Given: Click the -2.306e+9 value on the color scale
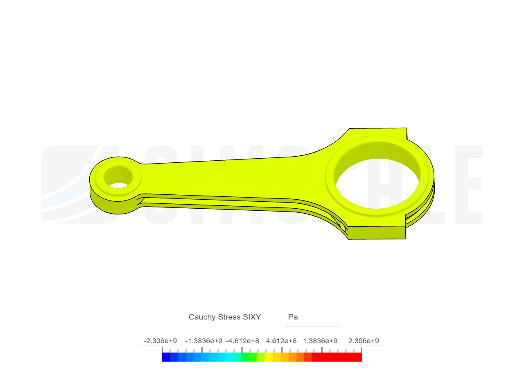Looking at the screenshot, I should [160, 341].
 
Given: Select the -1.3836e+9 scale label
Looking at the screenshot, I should [204, 341].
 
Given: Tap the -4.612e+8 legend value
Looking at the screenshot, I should [243, 341].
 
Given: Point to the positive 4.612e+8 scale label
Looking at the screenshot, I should [281, 341].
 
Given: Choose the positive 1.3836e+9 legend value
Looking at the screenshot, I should [320, 341].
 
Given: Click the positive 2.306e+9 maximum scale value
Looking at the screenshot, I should [364, 341].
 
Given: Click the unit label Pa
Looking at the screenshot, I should [293, 317].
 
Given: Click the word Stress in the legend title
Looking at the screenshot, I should [227, 317].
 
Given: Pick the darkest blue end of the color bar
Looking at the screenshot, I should [166, 357].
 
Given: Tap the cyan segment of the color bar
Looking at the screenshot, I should [221, 357].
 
